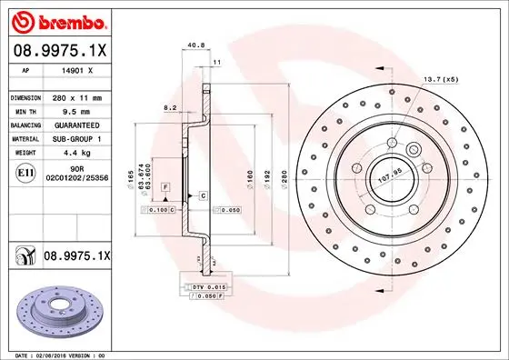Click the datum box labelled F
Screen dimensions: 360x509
[x=165, y=185]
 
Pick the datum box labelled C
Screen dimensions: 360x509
[x=203, y=195]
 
